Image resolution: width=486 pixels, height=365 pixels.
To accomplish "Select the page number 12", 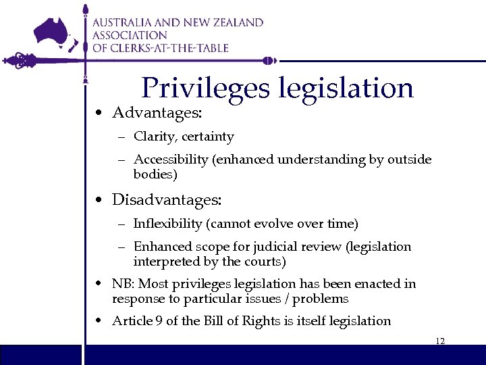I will [440, 341].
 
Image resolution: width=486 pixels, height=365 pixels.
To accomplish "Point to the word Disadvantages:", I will [166, 200].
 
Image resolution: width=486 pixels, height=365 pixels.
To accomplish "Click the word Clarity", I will [154, 137].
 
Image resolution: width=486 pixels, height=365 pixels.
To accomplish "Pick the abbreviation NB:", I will [123, 284].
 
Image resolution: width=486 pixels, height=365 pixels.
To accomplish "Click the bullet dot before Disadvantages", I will [99, 201].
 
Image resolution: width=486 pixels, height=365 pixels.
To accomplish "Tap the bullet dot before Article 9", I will [99, 321].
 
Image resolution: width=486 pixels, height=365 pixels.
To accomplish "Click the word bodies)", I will [155, 174].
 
